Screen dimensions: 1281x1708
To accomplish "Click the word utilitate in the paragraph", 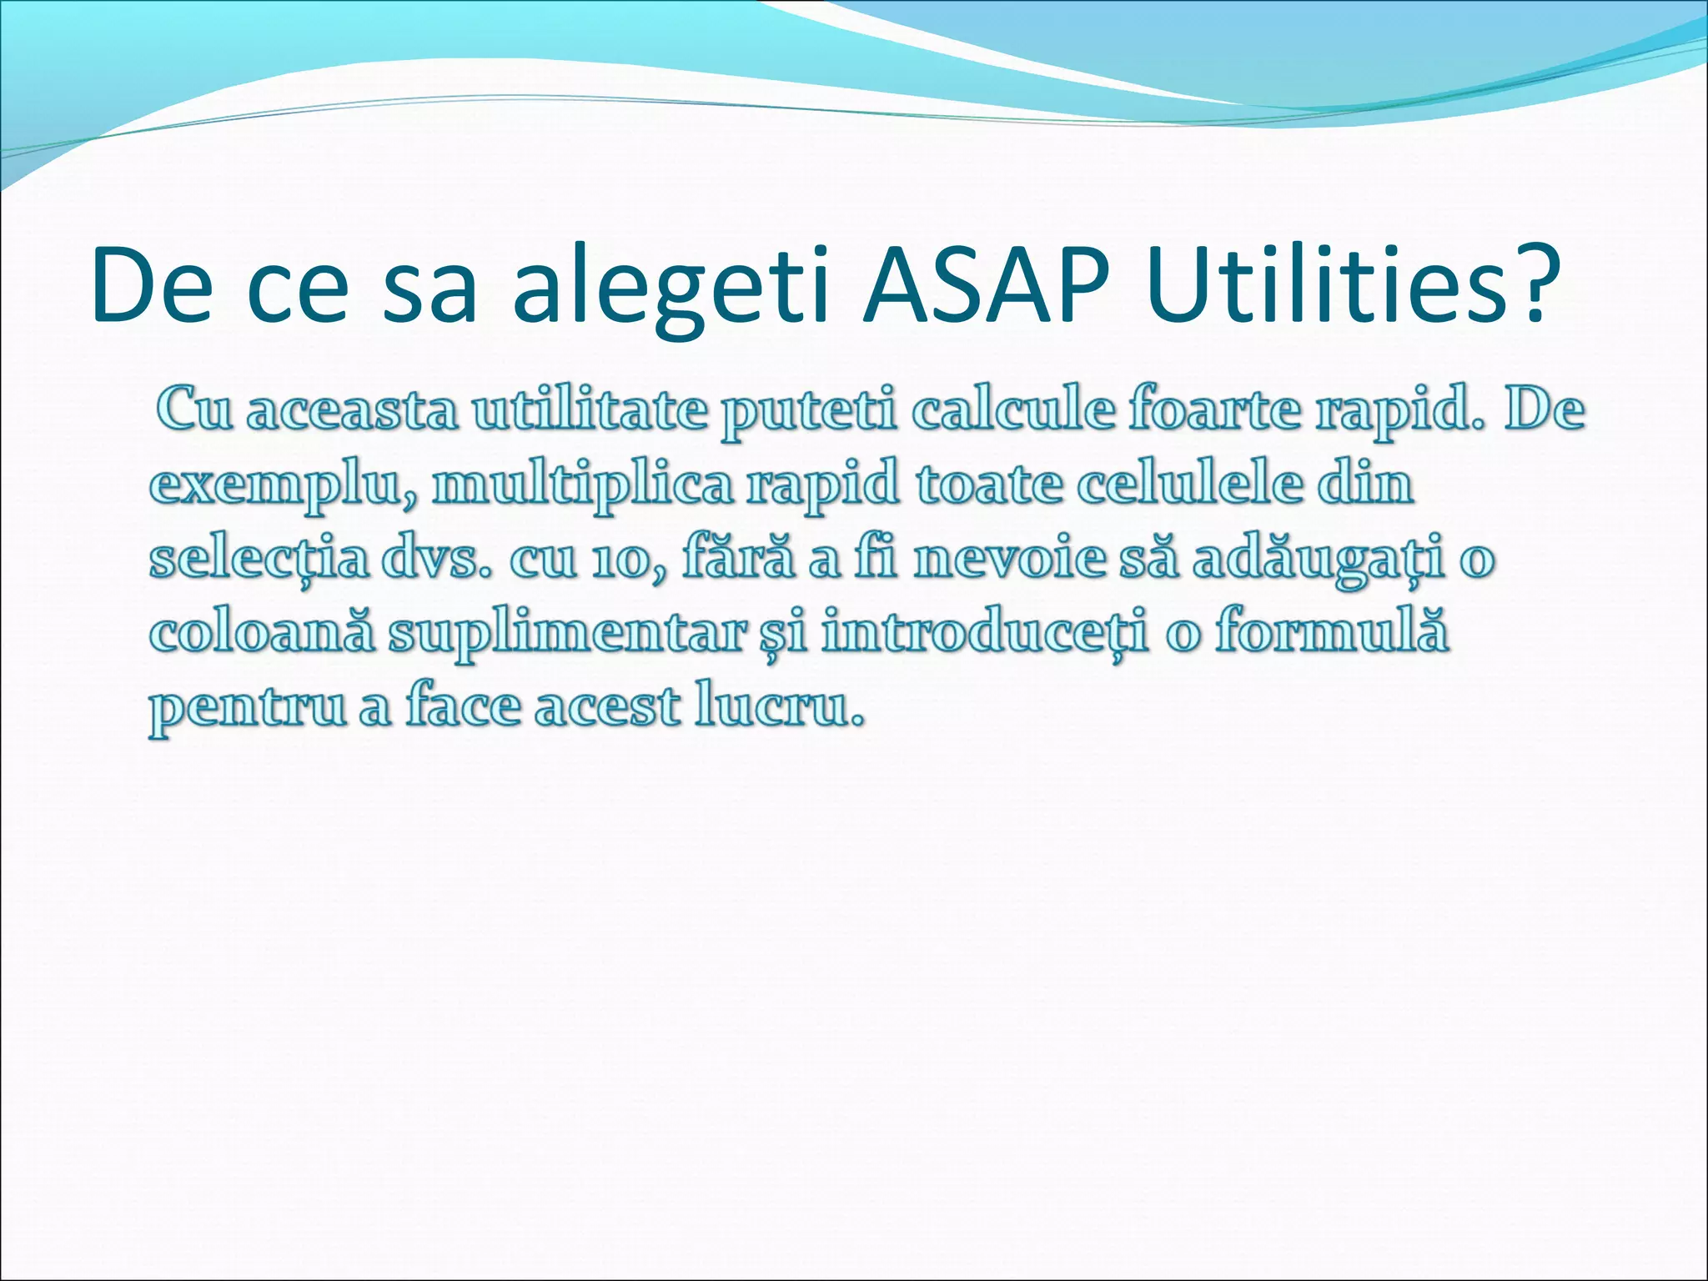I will (588, 410).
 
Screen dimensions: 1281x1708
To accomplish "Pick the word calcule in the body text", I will (1013, 410).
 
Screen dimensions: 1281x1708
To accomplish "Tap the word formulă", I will (1331, 630).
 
